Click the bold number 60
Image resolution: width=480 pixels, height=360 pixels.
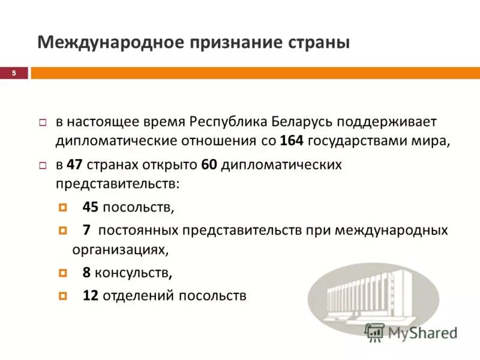[208, 164]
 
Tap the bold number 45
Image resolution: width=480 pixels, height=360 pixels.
[91, 208]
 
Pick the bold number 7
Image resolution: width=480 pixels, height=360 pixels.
[86, 230]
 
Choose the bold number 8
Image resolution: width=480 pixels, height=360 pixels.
[86, 273]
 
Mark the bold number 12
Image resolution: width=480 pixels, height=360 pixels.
[91, 295]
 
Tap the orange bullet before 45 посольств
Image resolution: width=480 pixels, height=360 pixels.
[63, 208]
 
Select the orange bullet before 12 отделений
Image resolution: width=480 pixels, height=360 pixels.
[63, 295]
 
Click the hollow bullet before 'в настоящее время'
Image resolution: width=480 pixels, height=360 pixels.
[43, 122]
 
